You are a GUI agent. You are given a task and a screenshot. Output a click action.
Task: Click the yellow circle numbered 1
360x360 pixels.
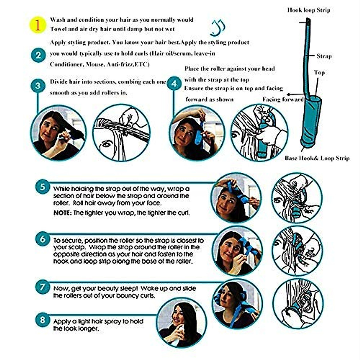38,25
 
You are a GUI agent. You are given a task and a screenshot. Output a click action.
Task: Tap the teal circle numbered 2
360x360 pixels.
38,55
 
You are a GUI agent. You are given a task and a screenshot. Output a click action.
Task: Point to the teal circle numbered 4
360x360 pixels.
174,84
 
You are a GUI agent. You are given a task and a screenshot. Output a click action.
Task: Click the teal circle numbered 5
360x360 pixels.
43,187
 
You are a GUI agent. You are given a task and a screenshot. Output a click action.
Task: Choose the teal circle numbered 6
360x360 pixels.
43,239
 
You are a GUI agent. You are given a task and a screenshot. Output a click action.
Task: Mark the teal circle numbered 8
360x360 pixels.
43,320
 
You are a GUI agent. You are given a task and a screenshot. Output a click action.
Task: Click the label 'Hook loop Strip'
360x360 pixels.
308,10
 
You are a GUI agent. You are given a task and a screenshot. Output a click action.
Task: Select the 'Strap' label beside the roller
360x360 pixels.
324,56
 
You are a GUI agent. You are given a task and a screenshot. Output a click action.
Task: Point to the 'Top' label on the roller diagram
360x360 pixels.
319,73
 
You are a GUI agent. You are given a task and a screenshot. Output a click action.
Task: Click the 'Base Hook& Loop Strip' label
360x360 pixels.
317,158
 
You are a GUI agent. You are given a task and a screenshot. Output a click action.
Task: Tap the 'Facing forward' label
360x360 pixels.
283,99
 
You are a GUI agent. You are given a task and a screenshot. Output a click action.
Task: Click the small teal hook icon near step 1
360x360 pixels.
218,28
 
